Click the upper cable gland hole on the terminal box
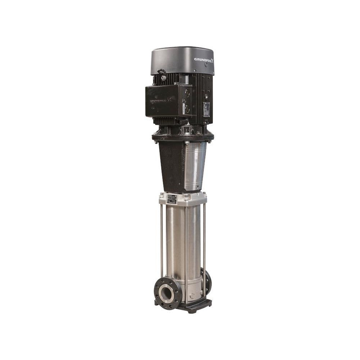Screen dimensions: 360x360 coord(187,93)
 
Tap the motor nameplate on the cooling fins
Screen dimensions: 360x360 coord(207,109)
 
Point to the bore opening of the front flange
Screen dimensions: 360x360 coord(167,293)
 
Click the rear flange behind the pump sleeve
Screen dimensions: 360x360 coord(207,281)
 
